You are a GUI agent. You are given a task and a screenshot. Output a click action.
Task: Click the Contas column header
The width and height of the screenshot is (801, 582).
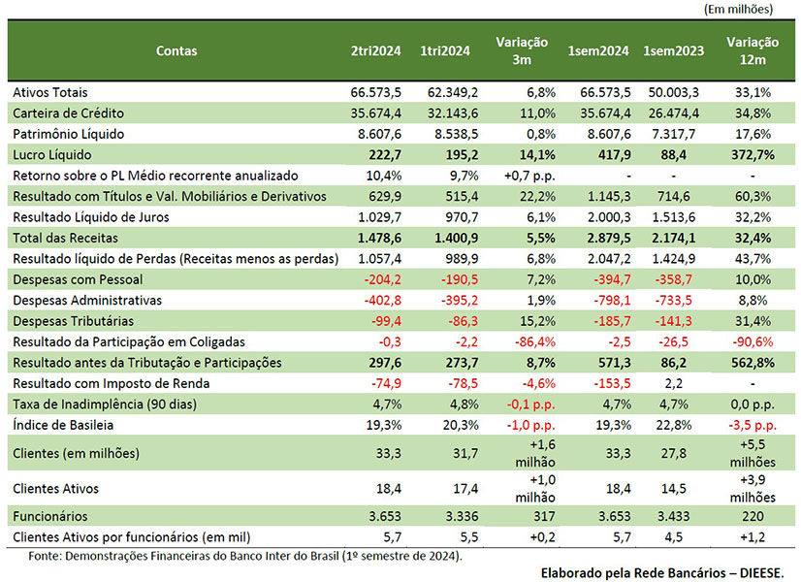pyautogui.click(x=176, y=50)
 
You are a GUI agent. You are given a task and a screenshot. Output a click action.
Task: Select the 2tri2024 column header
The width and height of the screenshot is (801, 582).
pyautogui.click(x=375, y=50)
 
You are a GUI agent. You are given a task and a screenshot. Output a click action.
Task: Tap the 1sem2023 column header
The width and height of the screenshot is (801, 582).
pyautogui.click(x=673, y=50)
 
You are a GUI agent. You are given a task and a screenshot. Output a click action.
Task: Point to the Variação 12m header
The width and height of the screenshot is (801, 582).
pyautogui.click(x=753, y=50)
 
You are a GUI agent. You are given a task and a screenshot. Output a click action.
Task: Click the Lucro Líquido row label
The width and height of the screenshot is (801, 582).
pyautogui.click(x=52, y=155)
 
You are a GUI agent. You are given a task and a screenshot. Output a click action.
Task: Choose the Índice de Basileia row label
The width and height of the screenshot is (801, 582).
pyautogui.click(x=63, y=425)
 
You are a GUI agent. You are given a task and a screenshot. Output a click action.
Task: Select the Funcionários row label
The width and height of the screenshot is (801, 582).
pyautogui.click(x=50, y=516)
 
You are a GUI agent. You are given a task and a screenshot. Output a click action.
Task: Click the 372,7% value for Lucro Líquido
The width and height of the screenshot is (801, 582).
pyautogui.click(x=753, y=155)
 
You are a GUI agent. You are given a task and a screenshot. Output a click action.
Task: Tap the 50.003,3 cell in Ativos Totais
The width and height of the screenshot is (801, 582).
pyautogui.click(x=673, y=92)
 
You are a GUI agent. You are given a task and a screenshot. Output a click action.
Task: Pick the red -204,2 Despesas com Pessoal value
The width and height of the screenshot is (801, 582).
pyautogui.click(x=383, y=279)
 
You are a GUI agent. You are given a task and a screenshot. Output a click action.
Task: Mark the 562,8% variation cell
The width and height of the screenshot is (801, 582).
pyautogui.click(x=753, y=363)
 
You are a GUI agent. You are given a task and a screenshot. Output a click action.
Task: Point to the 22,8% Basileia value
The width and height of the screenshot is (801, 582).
pyautogui.click(x=673, y=425)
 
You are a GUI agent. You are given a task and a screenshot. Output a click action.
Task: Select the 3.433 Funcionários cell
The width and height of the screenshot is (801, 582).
pyautogui.click(x=673, y=516)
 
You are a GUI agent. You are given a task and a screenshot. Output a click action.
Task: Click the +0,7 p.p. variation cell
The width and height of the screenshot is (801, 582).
pyautogui.click(x=529, y=176)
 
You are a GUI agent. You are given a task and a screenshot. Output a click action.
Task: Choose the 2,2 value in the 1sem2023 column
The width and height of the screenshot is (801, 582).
pyautogui.click(x=673, y=384)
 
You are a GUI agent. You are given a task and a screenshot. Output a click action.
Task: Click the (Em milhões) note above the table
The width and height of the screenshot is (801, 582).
pyautogui.click(x=738, y=9)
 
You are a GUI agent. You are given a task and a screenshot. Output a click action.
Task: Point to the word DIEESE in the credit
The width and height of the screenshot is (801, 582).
pyautogui.click(x=761, y=573)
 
